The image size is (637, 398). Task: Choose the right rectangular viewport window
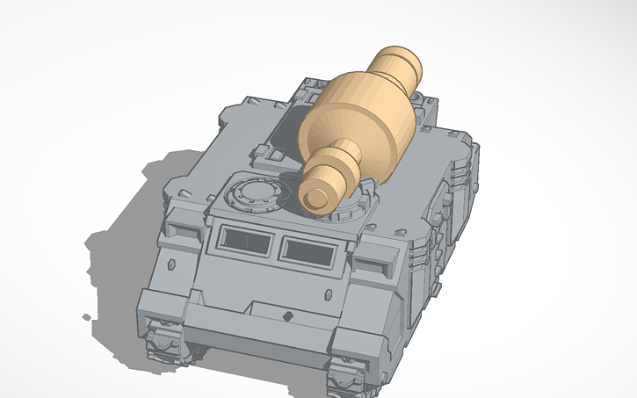308,252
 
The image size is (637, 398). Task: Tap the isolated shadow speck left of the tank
86,316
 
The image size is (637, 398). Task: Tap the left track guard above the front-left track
163,303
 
